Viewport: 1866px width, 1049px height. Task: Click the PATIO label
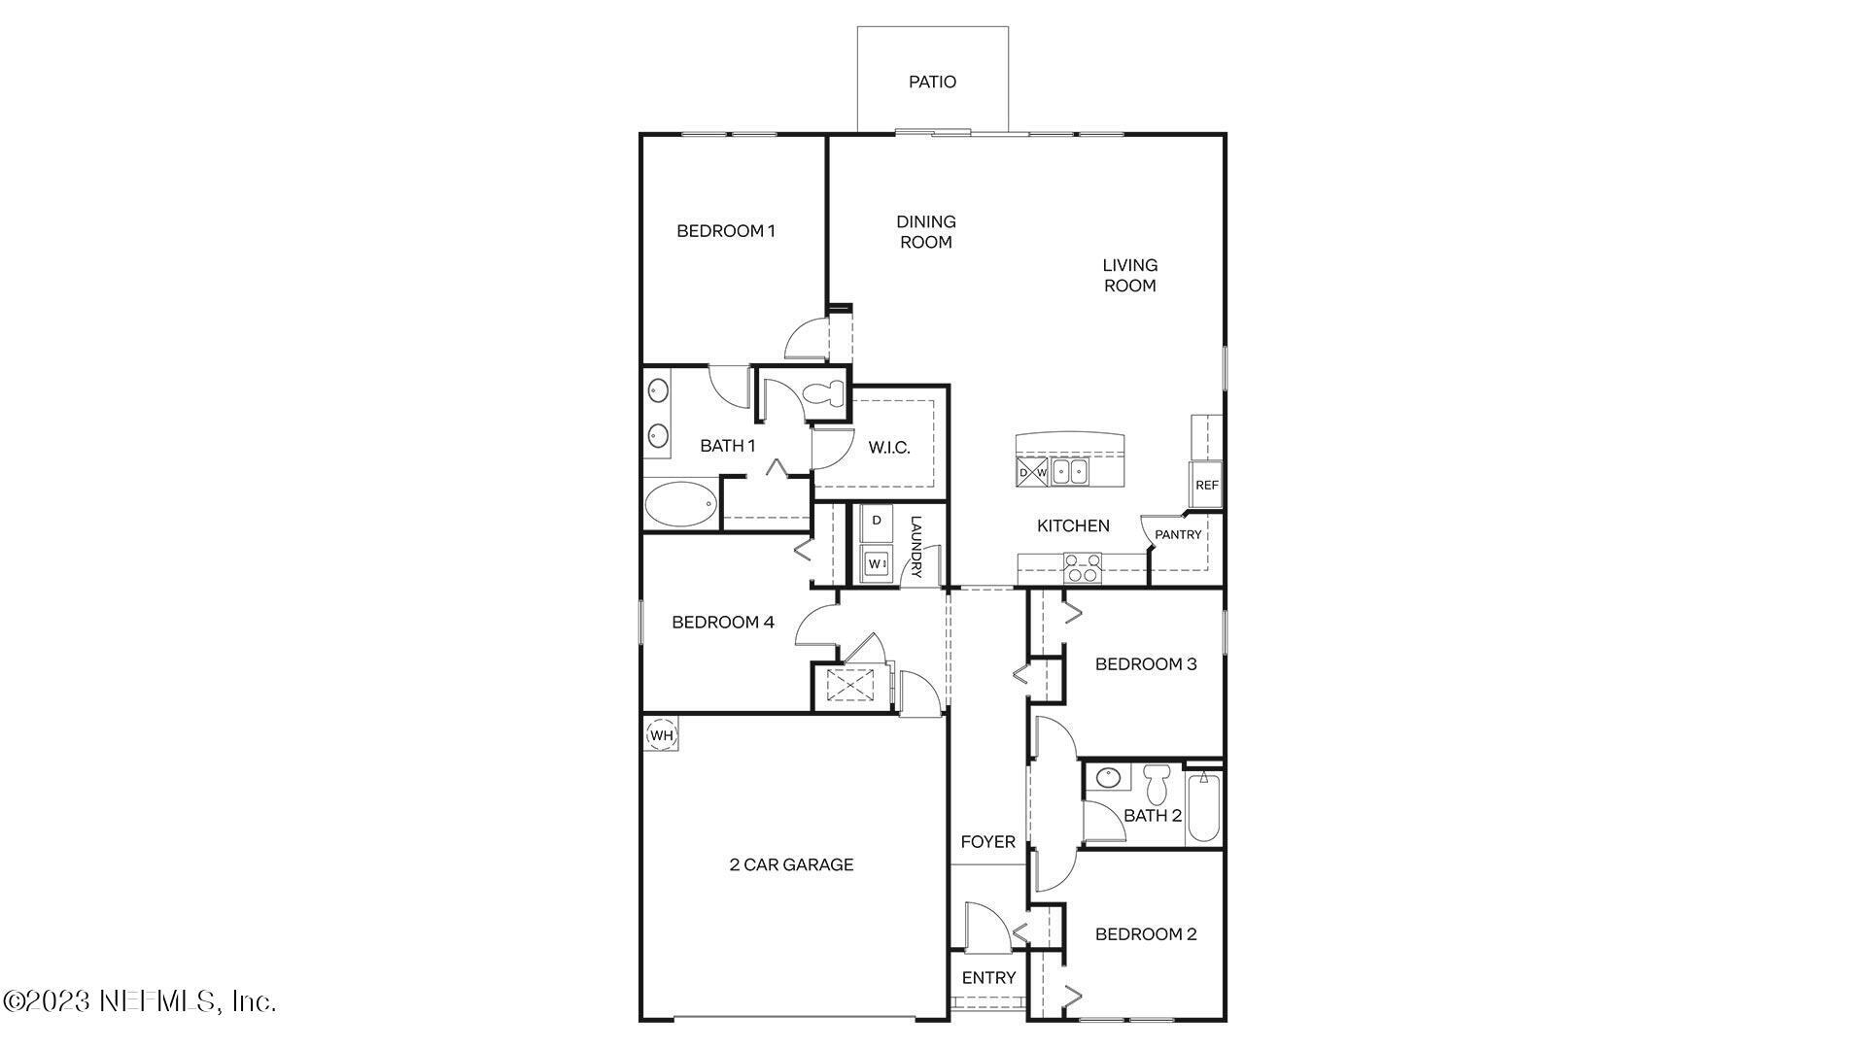932,83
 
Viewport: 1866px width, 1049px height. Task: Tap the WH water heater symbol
661,735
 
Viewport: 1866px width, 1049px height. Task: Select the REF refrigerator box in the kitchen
1206,485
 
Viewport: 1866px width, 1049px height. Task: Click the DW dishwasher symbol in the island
1032,473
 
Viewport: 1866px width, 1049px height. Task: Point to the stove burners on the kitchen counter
1082,567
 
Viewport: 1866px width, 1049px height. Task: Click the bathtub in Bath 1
680,505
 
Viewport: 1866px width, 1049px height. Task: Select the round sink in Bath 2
1107,778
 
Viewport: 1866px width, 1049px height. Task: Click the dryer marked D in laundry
877,522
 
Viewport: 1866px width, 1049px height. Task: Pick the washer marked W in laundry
877,563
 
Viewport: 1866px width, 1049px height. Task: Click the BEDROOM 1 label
725,231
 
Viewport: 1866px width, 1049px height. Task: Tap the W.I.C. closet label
888,448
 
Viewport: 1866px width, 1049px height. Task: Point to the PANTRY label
1178,535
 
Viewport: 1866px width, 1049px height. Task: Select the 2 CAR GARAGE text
791,864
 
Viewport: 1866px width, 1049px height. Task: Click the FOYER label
987,842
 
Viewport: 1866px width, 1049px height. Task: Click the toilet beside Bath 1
828,394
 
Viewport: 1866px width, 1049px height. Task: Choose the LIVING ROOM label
1129,275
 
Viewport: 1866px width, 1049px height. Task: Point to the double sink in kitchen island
1070,472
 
